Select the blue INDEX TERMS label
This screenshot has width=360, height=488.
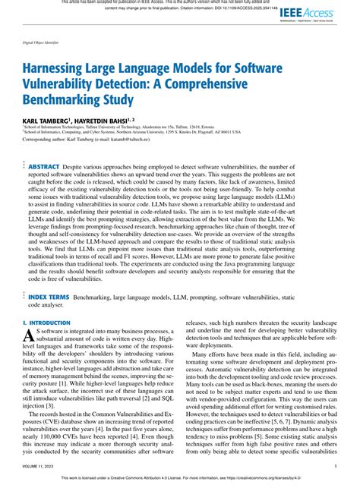coord(49,297)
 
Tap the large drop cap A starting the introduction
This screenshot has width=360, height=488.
coord(30,336)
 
